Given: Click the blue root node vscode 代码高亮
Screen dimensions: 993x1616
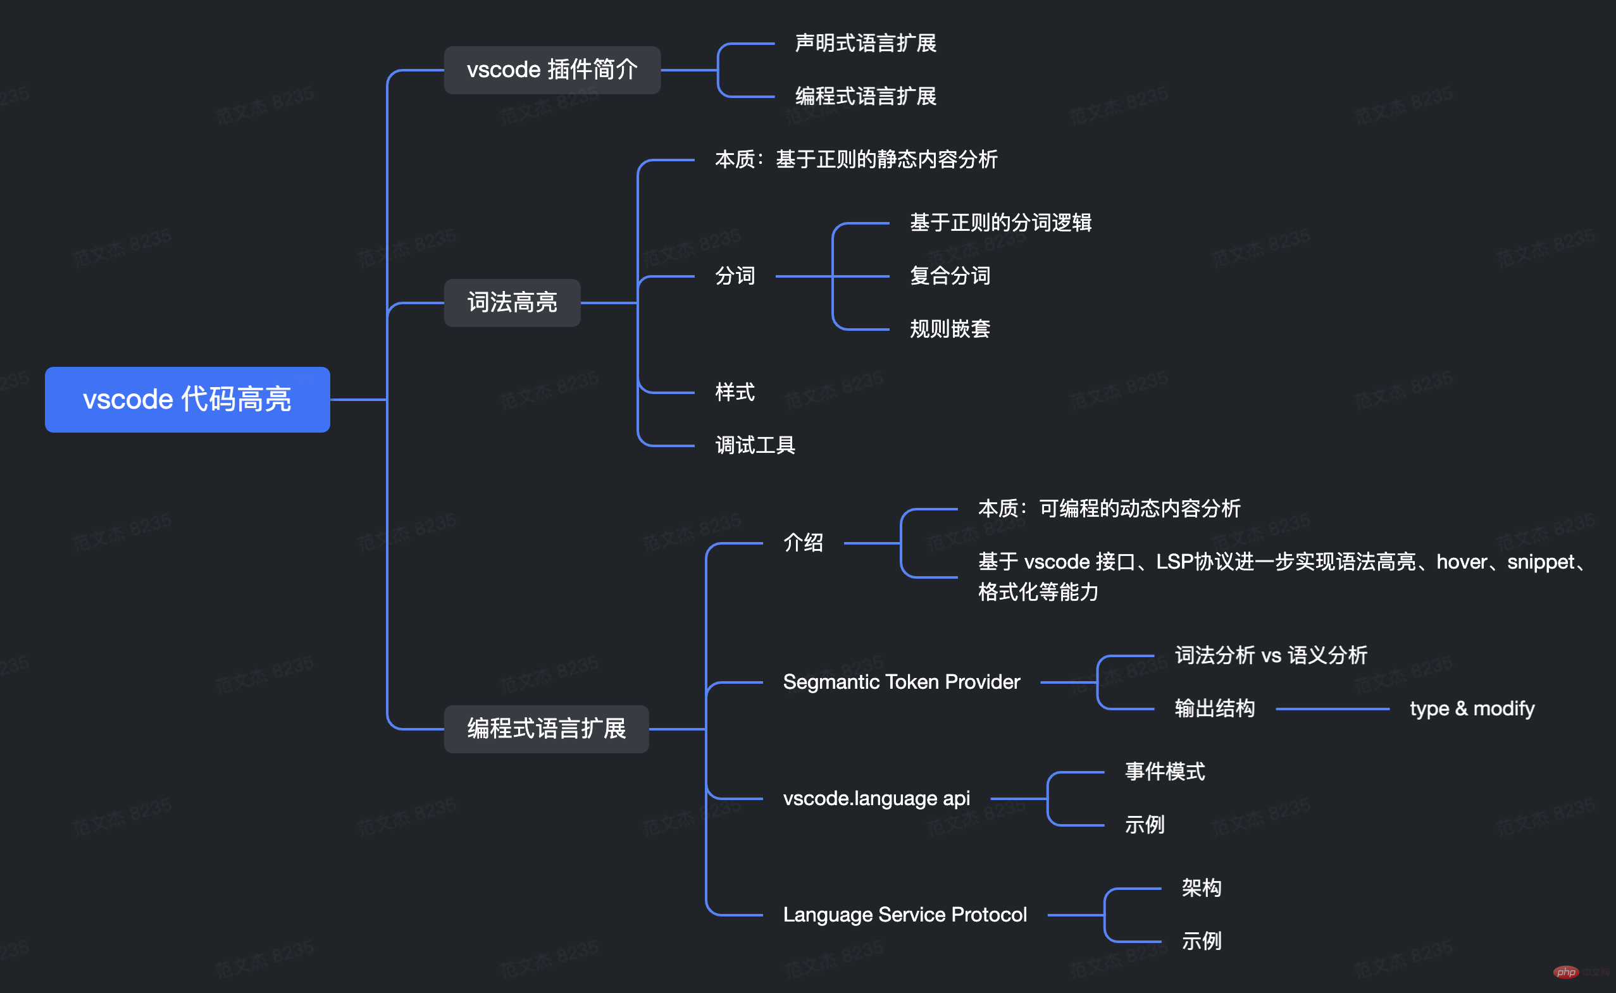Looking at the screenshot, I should pos(187,399).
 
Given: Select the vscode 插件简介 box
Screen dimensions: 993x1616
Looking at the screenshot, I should pos(552,70).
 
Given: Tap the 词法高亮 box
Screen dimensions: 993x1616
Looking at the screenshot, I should pos(512,303).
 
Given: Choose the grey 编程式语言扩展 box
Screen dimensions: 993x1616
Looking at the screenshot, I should pos(546,729).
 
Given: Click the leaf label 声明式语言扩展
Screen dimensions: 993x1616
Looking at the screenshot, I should pos(865,44).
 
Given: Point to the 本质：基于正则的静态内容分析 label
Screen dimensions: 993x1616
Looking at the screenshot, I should pos(856,159).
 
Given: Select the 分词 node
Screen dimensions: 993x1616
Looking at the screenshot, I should pos(735,276).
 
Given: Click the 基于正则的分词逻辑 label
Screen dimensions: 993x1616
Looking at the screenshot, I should pos(1000,223).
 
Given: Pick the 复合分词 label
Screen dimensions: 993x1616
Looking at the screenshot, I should pos(950,276).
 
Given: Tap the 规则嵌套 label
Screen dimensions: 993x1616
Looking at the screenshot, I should pos(950,329).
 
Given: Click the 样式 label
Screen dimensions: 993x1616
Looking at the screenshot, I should pos(735,393).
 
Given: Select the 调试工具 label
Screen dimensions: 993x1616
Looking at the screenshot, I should pos(755,446).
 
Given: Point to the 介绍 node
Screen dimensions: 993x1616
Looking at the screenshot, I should pos(803,543).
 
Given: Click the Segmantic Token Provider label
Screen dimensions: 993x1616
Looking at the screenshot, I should pos(901,682).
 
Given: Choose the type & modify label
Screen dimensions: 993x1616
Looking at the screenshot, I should pos(1472,709).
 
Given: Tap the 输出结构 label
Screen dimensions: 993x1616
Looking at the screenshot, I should pos(1215,709).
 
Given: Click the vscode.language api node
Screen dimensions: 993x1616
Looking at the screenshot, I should pos(876,799).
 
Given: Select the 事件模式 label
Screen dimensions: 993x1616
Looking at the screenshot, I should pos(1165,772).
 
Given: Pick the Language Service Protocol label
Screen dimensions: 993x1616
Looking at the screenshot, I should pos(905,915).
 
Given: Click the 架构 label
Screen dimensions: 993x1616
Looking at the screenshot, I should pos(1202,889).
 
